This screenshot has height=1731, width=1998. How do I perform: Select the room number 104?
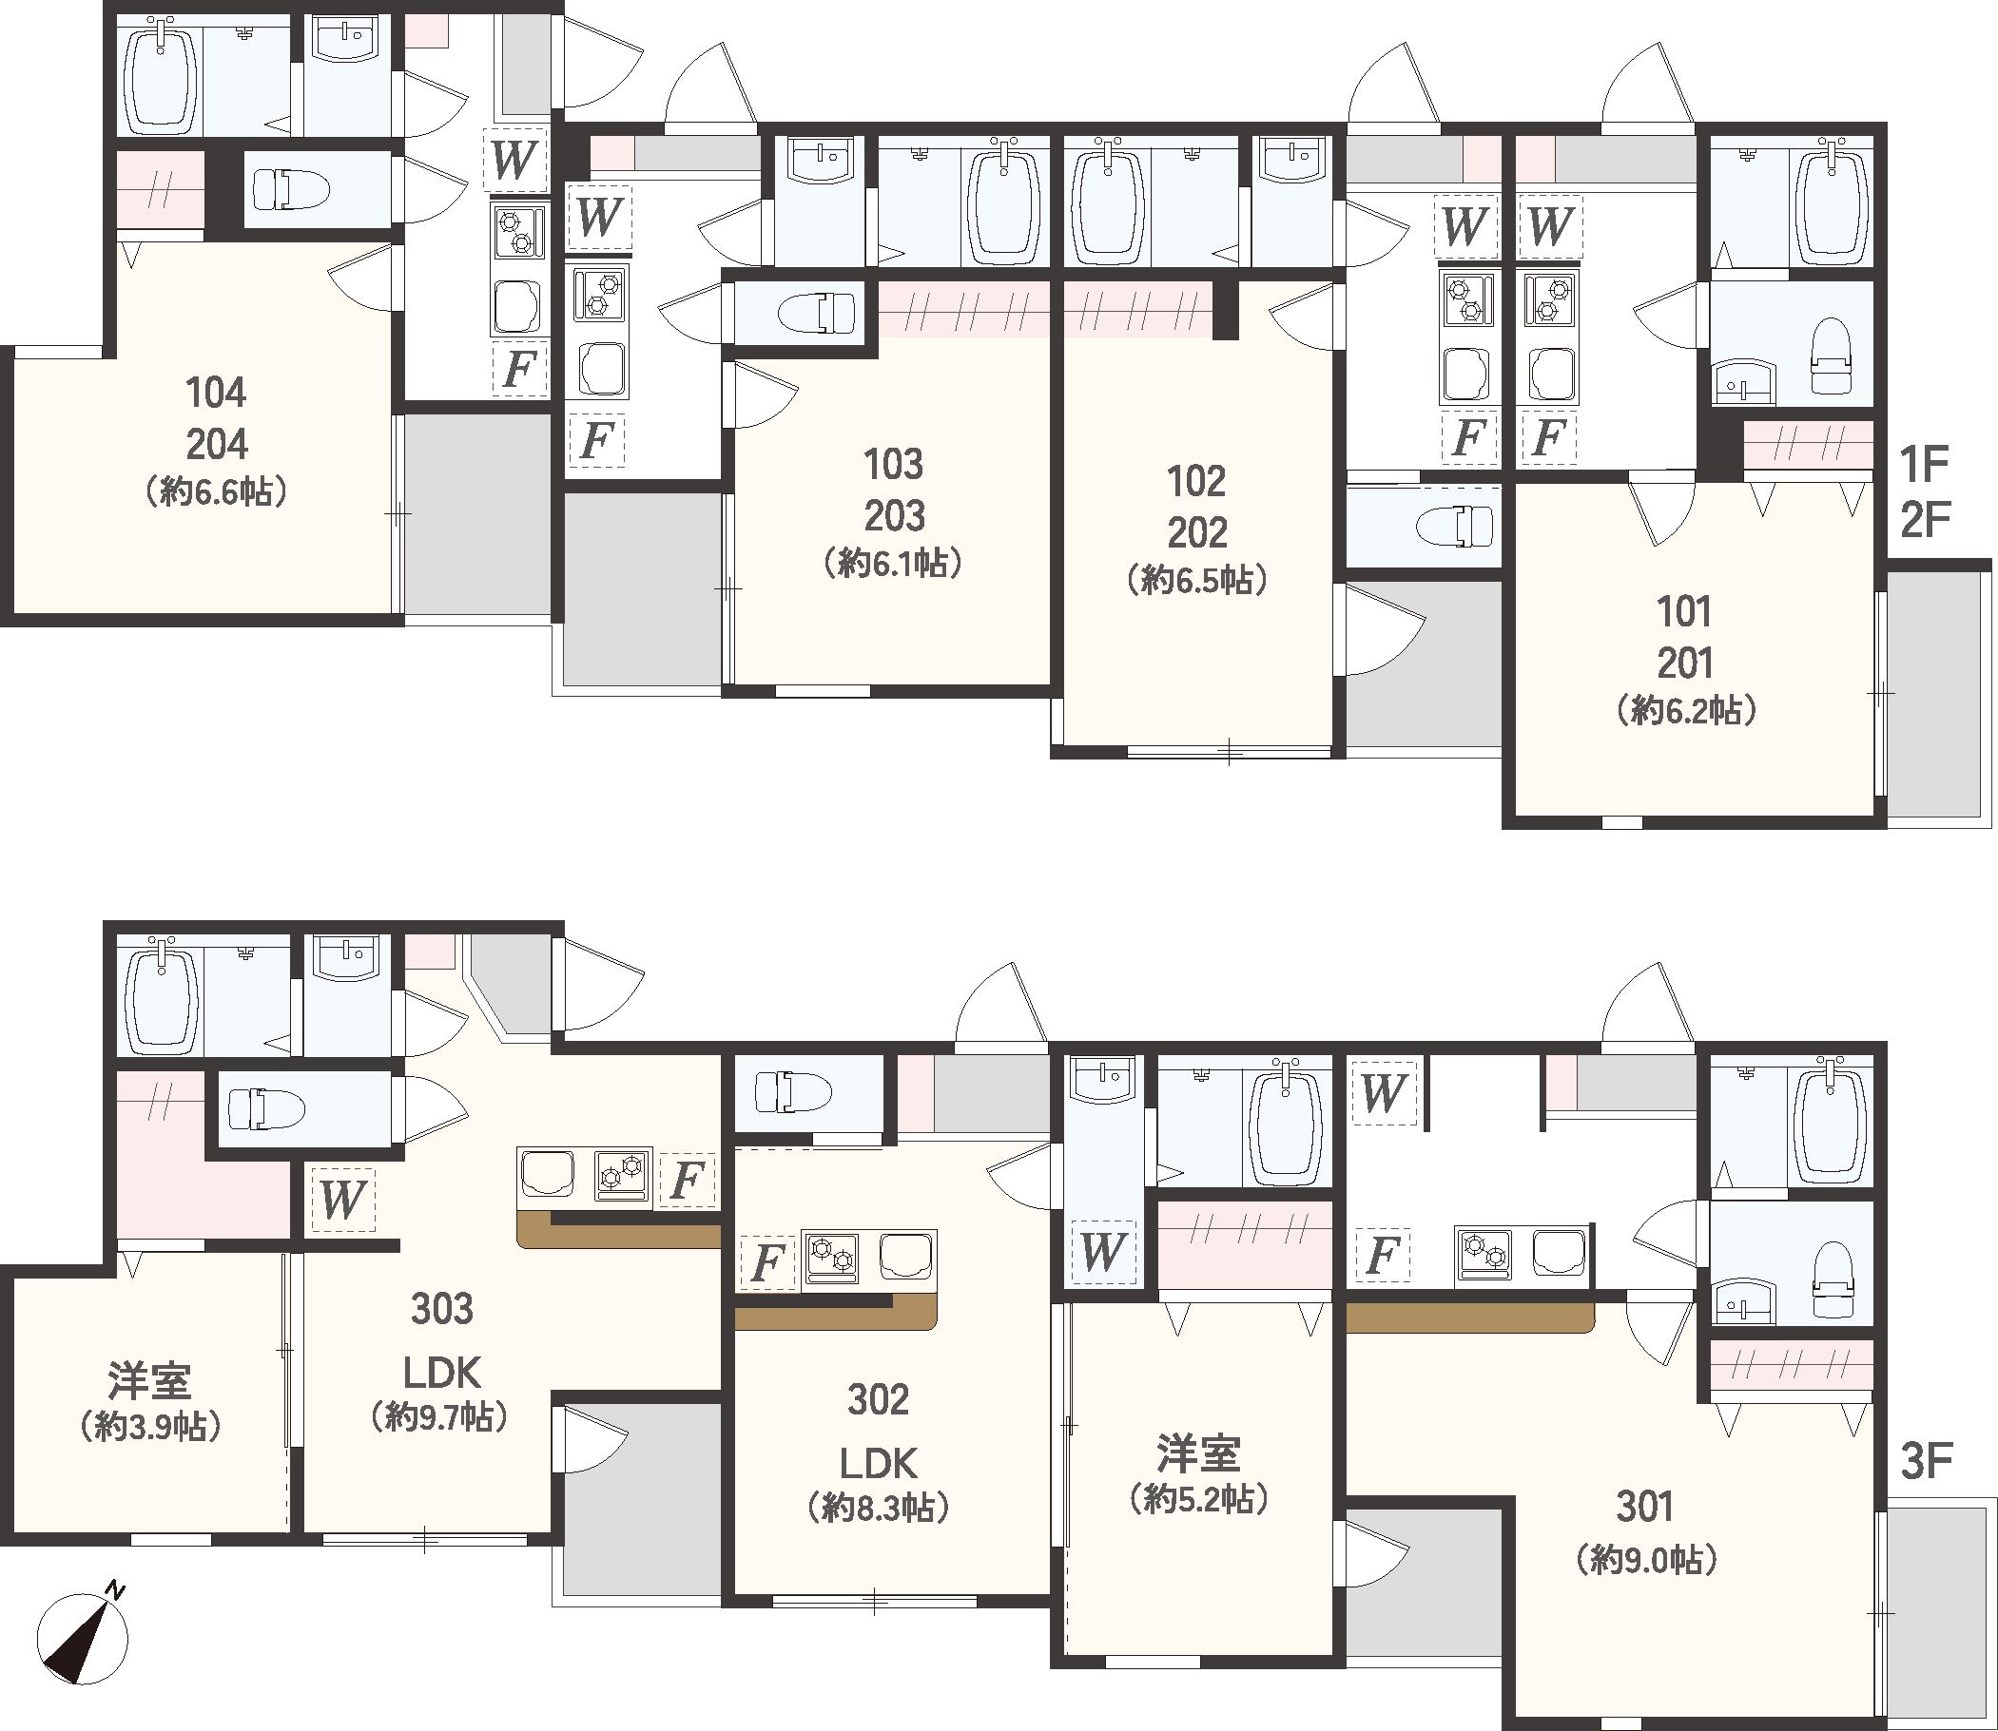click(216, 394)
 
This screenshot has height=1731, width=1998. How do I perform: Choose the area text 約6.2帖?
click(1686, 711)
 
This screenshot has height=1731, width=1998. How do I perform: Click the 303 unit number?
click(441, 1309)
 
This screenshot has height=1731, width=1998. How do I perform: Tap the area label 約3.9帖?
click(149, 1426)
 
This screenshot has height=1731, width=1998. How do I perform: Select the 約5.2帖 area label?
click(1198, 1498)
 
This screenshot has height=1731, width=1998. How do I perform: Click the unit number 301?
click(1645, 1506)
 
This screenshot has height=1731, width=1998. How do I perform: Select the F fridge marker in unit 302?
click(767, 1261)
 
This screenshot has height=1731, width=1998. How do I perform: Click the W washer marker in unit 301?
click(1383, 1092)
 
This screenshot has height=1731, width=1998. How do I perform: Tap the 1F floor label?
click(1923, 465)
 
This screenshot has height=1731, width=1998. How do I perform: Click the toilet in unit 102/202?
click(1454, 527)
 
